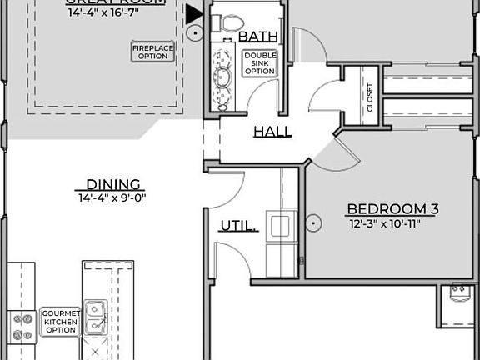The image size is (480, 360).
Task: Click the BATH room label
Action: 254,37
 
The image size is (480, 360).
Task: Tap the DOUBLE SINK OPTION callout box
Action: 259,63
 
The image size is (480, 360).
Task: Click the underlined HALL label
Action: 272,132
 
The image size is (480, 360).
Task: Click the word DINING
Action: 113,185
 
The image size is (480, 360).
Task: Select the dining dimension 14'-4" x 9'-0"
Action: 112,198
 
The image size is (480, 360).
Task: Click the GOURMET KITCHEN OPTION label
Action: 60,322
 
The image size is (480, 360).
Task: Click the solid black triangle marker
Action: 194,14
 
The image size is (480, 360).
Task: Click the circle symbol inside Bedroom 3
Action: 313,222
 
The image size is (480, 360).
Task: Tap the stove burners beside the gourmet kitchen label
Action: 22,325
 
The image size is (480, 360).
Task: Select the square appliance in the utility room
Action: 281,227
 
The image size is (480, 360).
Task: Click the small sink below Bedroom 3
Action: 458,292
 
